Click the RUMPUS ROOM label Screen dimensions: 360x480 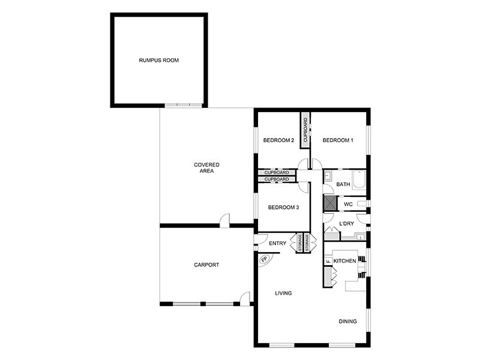point(159,61)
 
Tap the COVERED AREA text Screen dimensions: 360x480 point(206,168)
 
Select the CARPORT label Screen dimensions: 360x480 point(206,265)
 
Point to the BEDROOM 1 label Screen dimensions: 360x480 point(338,140)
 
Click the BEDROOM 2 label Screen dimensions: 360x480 point(278,141)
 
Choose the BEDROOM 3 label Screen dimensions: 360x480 point(283,208)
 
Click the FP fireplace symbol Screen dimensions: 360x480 point(265,260)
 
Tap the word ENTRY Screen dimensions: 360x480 point(277,243)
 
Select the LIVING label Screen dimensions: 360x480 point(283,293)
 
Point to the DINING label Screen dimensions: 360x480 point(347,322)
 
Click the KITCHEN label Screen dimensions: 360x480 point(344,261)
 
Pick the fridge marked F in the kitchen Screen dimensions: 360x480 point(328,262)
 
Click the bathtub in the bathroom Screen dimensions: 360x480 point(359,181)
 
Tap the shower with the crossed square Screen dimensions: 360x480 point(329,203)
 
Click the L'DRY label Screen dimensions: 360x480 point(346,224)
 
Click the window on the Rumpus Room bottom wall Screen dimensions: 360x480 point(184,105)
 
